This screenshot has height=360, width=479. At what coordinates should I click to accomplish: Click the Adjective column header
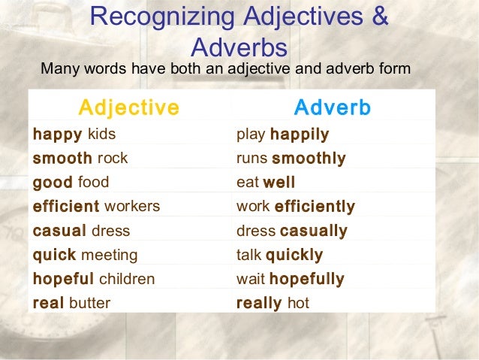point(129,107)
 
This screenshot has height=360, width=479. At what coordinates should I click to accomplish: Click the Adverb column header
point(332,107)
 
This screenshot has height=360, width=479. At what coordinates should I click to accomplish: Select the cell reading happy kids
point(74,135)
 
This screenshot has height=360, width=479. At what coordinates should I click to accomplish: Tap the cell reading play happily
point(282,135)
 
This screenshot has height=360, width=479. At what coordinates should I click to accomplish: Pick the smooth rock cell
point(80,159)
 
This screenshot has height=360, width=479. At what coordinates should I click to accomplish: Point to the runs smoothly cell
point(291,159)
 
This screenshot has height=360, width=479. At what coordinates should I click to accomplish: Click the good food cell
point(71,182)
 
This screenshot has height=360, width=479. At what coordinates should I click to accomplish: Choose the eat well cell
point(265,182)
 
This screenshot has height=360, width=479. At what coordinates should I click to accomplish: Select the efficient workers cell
point(96,206)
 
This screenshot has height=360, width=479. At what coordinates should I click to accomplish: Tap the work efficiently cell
point(295,206)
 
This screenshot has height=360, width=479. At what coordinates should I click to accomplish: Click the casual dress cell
point(81,231)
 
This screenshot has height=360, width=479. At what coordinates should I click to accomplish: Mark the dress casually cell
point(291,231)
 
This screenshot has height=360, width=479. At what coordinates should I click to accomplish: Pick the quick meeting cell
point(85,255)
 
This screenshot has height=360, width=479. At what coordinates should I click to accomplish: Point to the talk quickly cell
point(279,255)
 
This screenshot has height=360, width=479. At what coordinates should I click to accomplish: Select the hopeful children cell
point(94,279)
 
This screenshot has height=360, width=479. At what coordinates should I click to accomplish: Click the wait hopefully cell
point(290,279)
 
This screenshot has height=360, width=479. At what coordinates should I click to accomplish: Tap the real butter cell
point(71,304)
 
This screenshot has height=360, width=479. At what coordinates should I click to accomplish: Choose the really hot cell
point(273,304)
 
